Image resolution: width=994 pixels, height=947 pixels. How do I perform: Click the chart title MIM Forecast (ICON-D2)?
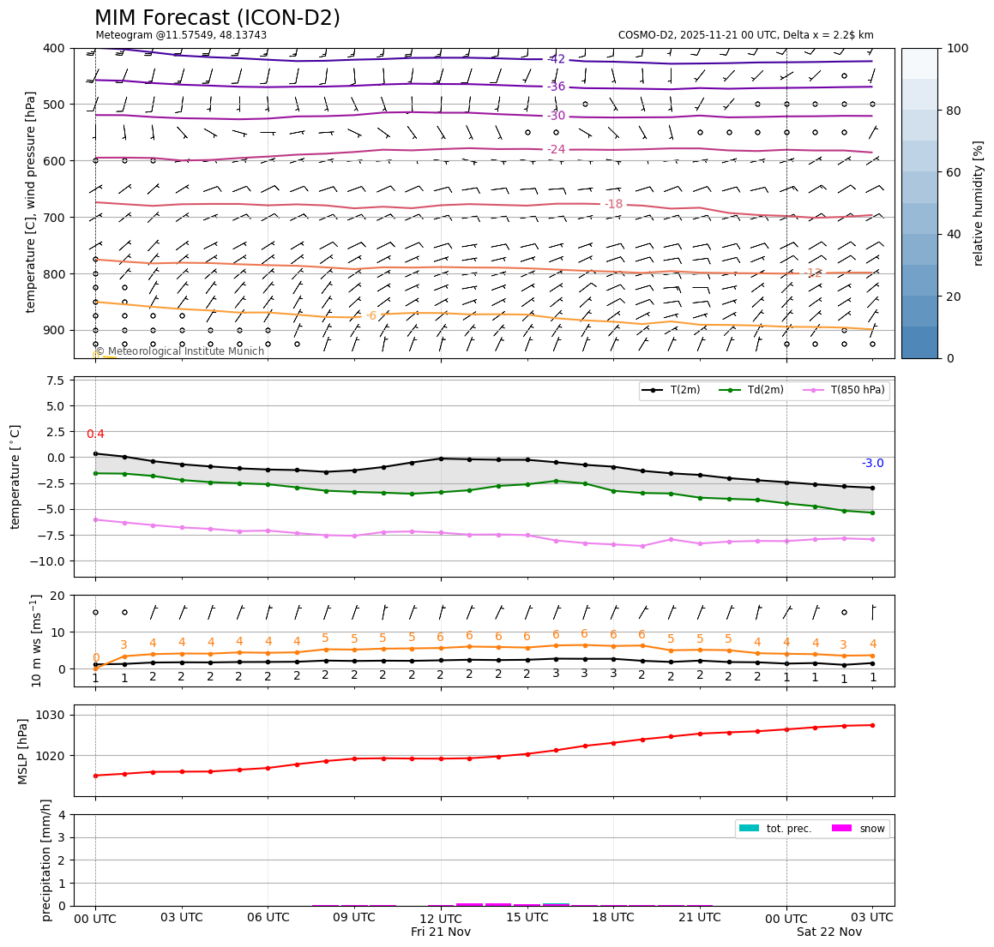point(217,18)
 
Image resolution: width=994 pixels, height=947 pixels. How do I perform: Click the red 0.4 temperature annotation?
point(95,435)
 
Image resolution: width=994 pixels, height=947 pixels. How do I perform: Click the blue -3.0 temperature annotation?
point(872,464)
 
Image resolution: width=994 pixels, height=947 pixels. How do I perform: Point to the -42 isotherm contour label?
point(557,60)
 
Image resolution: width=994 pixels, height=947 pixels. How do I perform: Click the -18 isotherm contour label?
point(613,204)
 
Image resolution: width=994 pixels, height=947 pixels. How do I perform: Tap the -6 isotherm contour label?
point(370,316)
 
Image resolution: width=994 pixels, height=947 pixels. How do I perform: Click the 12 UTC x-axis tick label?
point(440,918)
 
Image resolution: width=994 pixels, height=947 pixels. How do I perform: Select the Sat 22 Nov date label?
point(828,932)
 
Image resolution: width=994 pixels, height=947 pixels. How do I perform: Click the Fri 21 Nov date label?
point(440,932)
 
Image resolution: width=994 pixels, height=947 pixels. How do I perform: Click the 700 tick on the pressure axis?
point(53,218)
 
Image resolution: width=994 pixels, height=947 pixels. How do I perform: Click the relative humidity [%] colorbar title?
point(979,203)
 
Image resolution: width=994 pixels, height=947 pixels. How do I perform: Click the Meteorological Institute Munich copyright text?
point(179,351)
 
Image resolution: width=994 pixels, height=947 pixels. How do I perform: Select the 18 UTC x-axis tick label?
point(613,918)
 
